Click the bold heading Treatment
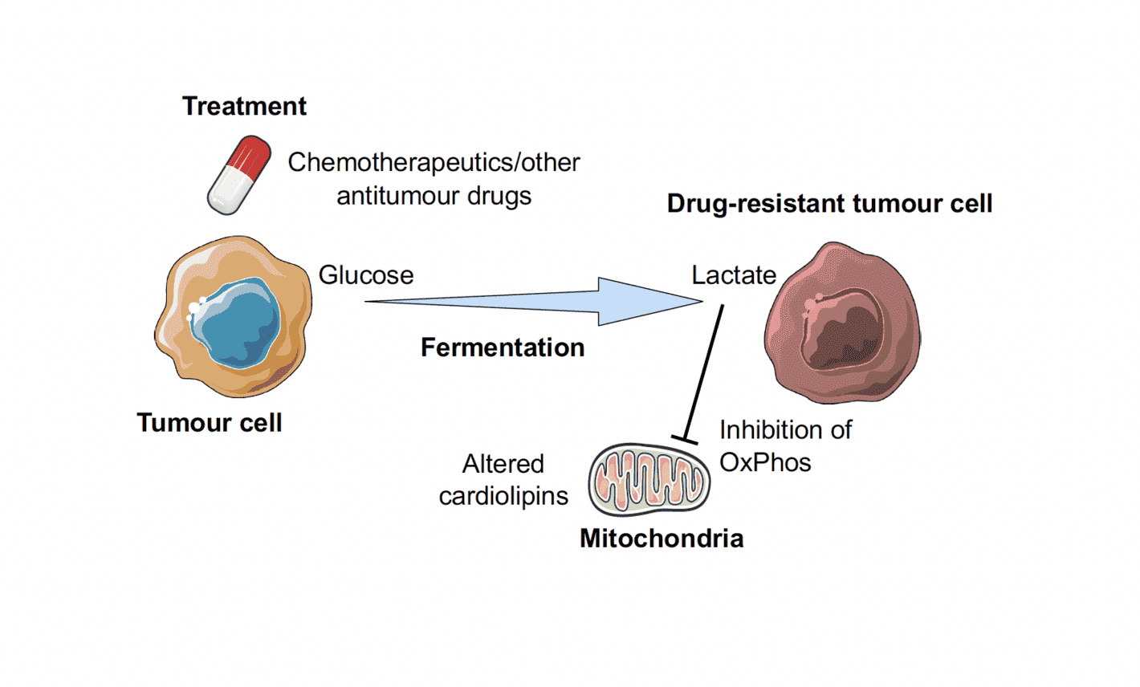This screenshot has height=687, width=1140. (244, 106)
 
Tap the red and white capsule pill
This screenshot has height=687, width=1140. (239, 175)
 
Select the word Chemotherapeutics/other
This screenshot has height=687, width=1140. (434, 163)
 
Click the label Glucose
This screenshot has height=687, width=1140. (366, 275)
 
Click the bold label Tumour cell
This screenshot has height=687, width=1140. (210, 423)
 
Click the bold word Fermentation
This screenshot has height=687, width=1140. (503, 348)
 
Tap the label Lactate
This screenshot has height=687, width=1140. (734, 275)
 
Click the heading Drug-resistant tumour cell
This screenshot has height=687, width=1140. (829, 204)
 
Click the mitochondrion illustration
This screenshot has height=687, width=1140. (649, 481)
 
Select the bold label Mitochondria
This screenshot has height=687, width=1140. (662, 538)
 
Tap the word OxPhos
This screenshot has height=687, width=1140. (765, 463)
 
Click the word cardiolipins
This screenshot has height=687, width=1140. (503, 496)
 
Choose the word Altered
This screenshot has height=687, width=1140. (503, 464)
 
